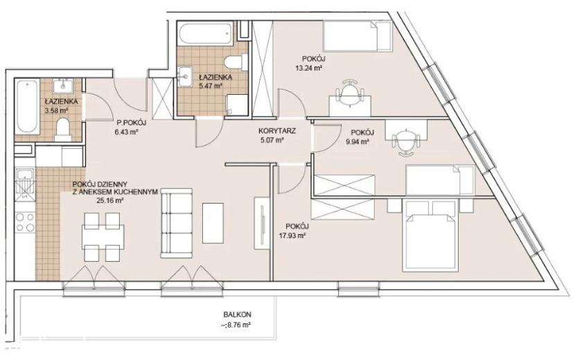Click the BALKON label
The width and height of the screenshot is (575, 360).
click(237, 314)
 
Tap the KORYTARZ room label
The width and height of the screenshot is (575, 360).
click(277, 131)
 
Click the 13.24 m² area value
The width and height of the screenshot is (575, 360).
click(308, 67)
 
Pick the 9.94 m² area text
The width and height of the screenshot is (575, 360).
click(357, 141)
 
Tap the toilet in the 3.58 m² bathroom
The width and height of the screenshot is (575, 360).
click(63, 129)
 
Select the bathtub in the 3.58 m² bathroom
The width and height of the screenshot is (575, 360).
click(27, 107)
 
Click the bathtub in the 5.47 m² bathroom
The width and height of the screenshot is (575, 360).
click(206, 34)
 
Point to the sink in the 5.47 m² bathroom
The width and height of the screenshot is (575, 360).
click(186, 76)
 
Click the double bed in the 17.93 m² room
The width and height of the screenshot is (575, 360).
click(430, 235)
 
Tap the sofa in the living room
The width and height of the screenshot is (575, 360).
click(176, 223)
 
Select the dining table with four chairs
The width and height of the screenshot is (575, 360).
click(103, 237)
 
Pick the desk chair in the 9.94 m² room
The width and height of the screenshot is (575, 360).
click(405, 142)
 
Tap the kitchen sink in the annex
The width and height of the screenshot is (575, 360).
click(25, 184)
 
